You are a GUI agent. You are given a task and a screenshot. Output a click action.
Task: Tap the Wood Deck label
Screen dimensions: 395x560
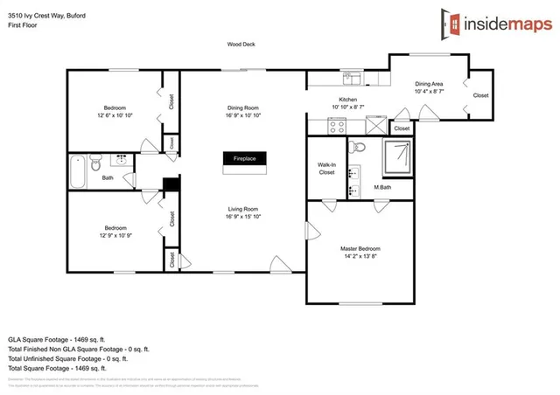pos(241,45)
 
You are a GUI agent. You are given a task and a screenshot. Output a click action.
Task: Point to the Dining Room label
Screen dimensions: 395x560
pos(243,107)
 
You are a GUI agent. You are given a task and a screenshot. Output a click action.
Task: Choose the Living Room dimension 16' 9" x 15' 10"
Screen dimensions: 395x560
pos(243,217)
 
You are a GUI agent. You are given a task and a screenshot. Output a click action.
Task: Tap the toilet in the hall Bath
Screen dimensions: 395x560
pos(98,163)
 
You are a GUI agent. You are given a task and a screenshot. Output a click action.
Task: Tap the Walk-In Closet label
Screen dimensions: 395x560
pos(326,169)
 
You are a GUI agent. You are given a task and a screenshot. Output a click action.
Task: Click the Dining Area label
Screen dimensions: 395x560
pos(429,83)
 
